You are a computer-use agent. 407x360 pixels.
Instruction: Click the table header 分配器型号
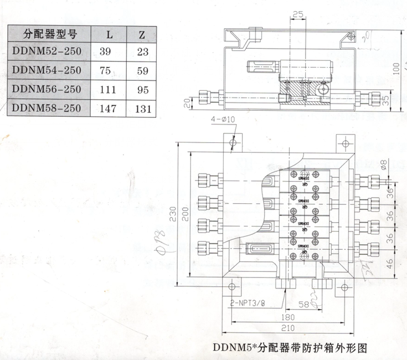coord(49,34)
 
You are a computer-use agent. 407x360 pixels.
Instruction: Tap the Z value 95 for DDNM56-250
coord(142,89)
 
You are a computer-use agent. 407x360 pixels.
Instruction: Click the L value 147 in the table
coord(108,109)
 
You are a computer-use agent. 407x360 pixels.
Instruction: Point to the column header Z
coord(142,34)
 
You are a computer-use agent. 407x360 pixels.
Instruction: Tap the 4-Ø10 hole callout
coord(223,119)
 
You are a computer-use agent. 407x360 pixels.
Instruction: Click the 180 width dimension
coord(287,317)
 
